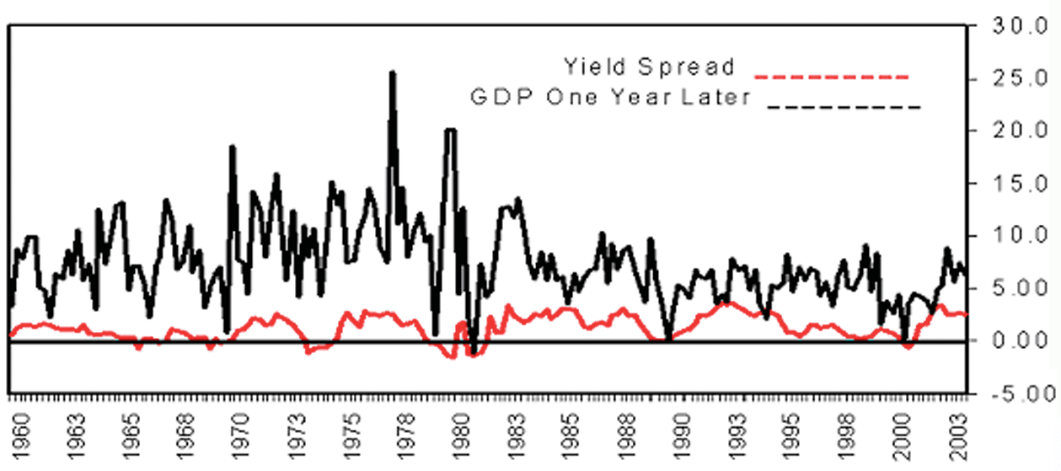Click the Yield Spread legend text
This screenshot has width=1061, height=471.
(650, 67)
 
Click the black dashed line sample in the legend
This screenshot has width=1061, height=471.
(843, 108)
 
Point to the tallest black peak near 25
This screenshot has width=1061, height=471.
(392, 74)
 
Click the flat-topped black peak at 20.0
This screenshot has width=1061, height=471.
(451, 130)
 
